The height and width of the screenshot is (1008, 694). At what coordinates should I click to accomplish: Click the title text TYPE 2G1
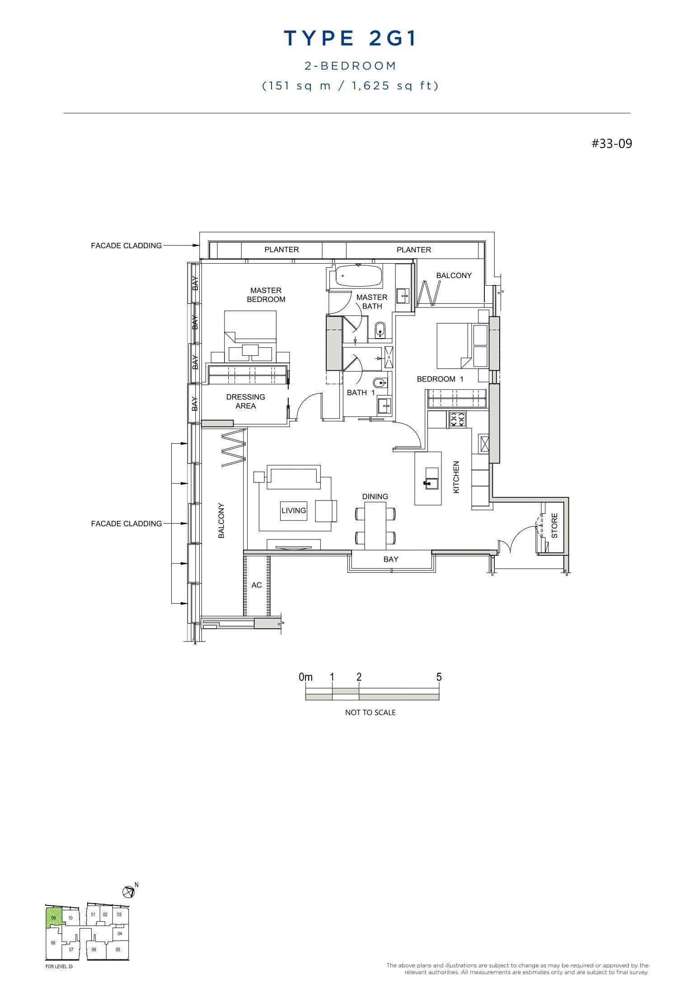coord(350,39)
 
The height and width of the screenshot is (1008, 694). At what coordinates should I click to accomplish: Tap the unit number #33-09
coord(612,144)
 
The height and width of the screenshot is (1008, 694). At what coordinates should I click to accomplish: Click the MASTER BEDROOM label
coord(266,295)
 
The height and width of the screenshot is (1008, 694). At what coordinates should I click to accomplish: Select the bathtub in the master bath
coord(359,276)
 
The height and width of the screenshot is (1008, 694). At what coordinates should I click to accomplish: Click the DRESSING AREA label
coord(245,401)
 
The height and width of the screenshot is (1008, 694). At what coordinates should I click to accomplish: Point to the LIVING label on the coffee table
coord(294,511)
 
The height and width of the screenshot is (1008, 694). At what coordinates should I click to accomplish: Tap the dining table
coord(375,525)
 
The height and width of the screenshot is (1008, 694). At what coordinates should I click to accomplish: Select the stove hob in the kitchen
coord(457,420)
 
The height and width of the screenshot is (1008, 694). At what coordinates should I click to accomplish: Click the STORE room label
coord(554,526)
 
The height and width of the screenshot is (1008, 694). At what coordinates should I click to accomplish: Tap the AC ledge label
coord(256,585)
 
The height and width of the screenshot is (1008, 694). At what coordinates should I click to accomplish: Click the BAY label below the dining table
coord(391,559)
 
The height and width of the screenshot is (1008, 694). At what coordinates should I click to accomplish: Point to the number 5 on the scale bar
coord(439,677)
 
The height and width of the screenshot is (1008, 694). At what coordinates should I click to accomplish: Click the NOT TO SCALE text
coord(370,713)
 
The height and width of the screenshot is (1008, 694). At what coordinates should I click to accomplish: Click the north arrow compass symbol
coord(128,892)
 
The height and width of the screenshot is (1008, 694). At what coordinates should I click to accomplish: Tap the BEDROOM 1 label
coord(440,379)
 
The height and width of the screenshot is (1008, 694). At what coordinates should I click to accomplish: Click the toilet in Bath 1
coord(380,383)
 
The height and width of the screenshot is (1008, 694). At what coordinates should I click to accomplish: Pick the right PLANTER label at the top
coord(413,250)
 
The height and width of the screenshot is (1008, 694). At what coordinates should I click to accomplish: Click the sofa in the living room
coord(294,477)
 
